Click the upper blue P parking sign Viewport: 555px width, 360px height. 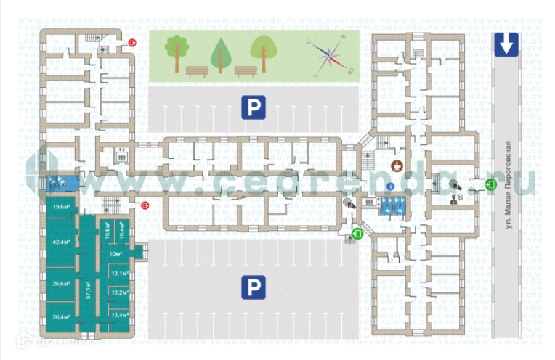pyautogui.click(x=253, y=108)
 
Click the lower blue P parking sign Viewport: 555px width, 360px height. pyautogui.click(x=253, y=288)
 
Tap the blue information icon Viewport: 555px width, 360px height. pyautogui.click(x=389, y=187)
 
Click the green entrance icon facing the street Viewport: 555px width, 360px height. pyautogui.click(x=491, y=184)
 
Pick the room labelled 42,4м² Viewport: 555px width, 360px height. pyautogui.click(x=61, y=242)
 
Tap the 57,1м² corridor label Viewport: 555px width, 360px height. pyautogui.click(x=89, y=290)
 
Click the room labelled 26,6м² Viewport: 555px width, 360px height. pyautogui.click(x=61, y=284)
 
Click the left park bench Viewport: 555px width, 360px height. pyautogui.click(x=197, y=71)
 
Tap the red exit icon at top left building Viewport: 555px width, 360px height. pyautogui.click(x=132, y=43)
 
